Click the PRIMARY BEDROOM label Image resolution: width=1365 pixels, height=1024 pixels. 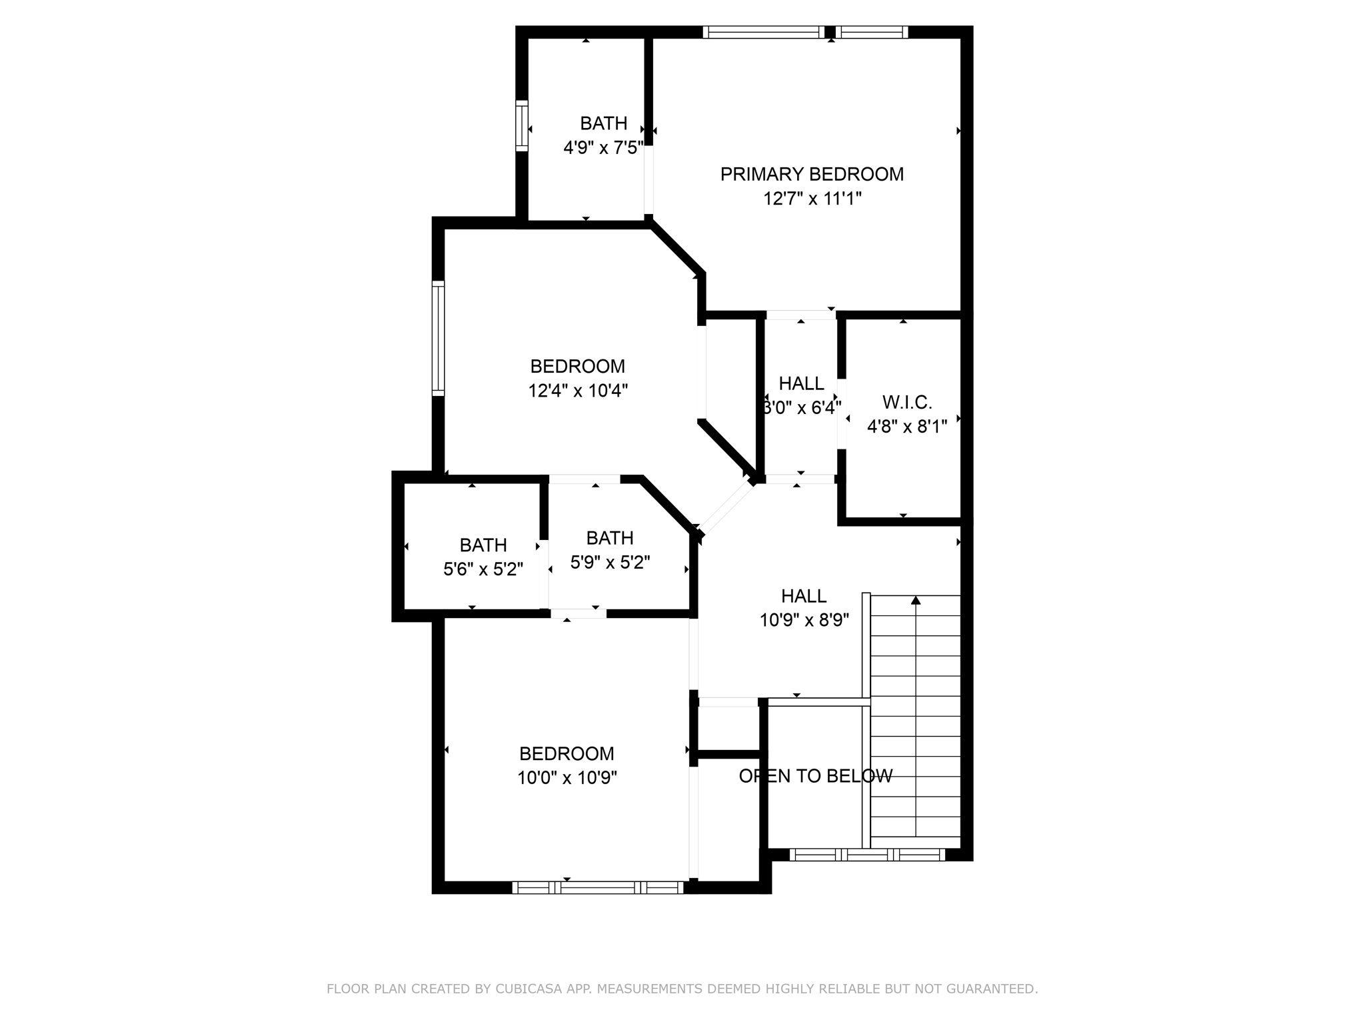[811, 174]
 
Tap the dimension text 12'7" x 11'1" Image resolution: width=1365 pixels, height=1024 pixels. [812, 199]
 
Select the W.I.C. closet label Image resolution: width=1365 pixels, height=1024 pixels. [906, 402]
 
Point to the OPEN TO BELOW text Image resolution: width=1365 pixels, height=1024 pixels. [815, 776]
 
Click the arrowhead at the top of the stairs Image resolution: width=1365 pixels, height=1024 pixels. [916, 601]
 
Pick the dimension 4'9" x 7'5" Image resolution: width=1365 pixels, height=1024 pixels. [603, 148]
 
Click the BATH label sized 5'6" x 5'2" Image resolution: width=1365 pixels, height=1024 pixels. [483, 545]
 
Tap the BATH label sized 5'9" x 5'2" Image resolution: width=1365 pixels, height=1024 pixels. [610, 538]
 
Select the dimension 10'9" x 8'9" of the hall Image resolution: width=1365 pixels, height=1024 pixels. [804, 621]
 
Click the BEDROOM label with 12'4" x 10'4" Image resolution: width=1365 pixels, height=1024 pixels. [577, 366]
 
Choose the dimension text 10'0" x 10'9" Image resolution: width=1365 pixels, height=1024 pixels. [567, 778]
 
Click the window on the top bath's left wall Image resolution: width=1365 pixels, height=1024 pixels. [522, 125]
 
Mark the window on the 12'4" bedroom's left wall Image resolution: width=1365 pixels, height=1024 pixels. [438, 338]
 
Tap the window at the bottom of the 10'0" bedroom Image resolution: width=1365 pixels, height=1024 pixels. [597, 887]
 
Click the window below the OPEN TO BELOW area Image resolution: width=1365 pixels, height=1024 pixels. [866, 855]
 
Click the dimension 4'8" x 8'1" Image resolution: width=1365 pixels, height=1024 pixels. [906, 427]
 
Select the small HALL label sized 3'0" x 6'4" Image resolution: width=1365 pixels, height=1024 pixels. [801, 383]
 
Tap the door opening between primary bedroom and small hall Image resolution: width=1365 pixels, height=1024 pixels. [800, 315]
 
